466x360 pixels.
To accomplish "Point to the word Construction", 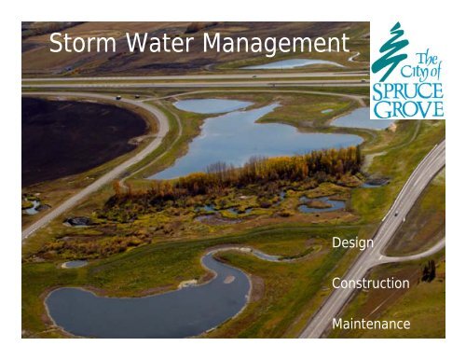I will [x=370, y=283].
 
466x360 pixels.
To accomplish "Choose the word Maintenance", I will [x=371, y=324].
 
